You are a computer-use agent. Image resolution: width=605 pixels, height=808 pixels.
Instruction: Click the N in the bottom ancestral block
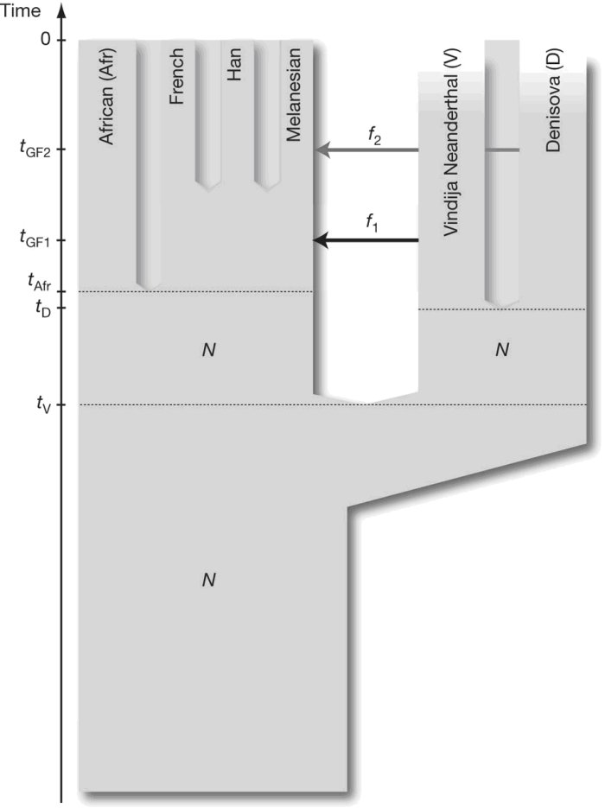(x=207, y=580)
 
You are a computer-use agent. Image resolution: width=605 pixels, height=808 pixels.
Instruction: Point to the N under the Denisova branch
(x=501, y=350)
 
